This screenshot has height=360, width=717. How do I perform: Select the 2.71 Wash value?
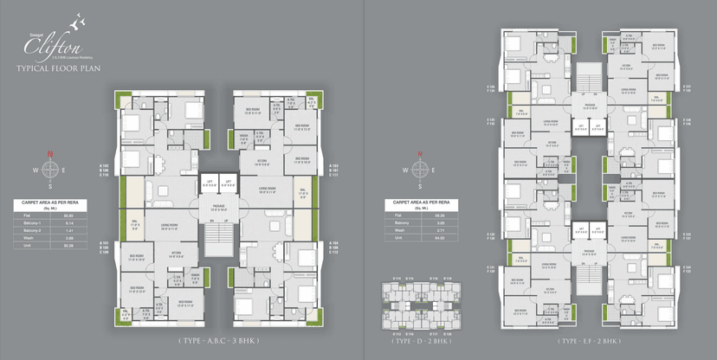440,228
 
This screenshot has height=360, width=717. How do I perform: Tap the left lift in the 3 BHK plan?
208,183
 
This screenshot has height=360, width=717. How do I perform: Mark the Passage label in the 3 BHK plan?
219,208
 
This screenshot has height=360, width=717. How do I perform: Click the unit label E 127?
688,87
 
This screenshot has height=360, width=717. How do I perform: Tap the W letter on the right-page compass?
401,170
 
